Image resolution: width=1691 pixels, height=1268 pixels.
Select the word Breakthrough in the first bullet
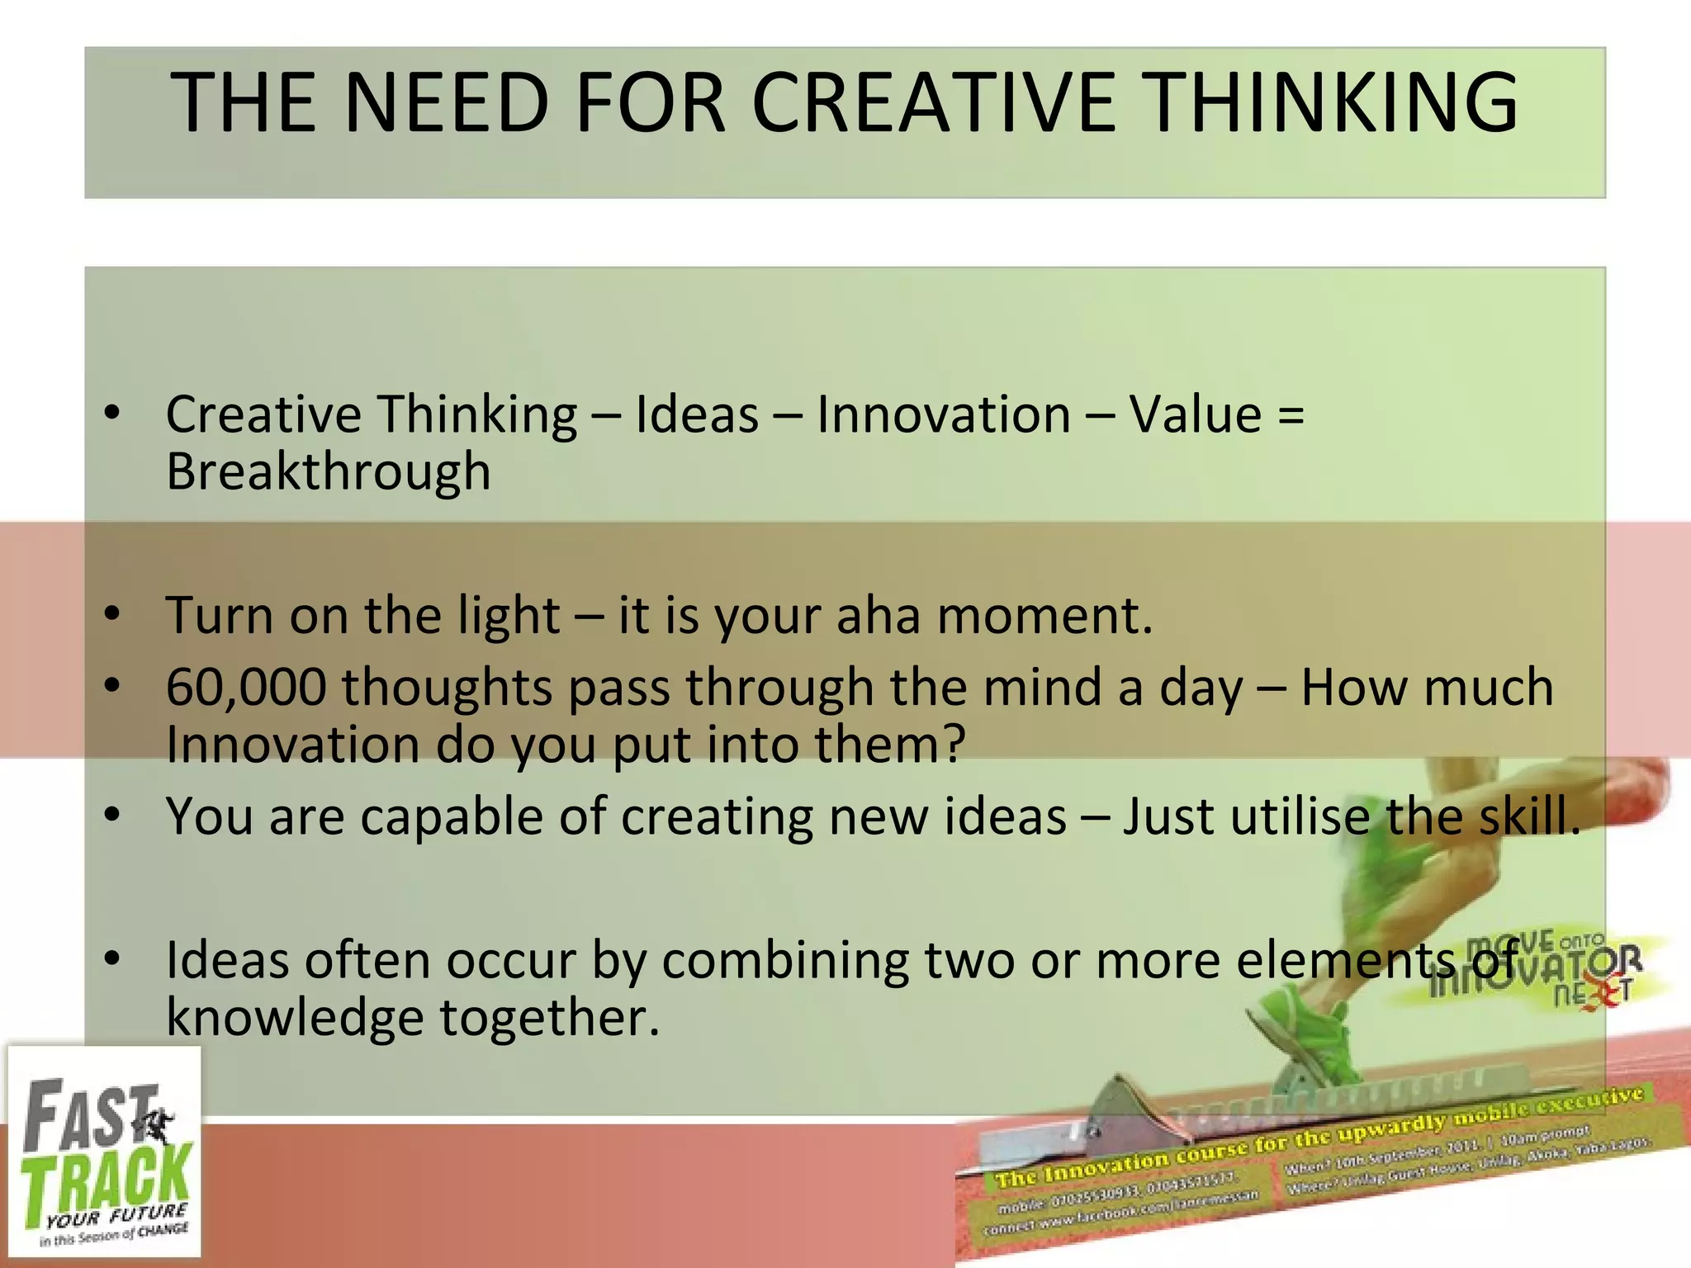pyautogui.click(x=328, y=472)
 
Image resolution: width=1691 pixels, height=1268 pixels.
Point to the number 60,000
pyautogui.click(x=245, y=687)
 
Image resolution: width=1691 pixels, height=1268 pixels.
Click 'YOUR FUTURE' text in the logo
pyautogui.click(x=116, y=1216)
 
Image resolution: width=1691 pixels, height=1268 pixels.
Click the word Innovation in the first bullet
pyautogui.click(x=944, y=414)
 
